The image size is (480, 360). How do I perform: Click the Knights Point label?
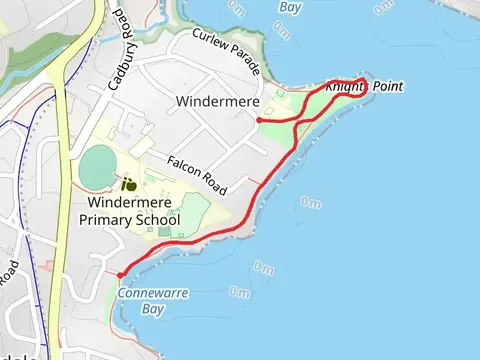364,87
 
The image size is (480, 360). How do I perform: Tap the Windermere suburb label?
218,102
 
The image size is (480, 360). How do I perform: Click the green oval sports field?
98,167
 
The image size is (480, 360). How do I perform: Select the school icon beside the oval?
128,184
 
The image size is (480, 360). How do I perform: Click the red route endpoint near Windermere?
260,120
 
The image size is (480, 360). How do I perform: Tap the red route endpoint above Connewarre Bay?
120,274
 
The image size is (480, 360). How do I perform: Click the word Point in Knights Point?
386,87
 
